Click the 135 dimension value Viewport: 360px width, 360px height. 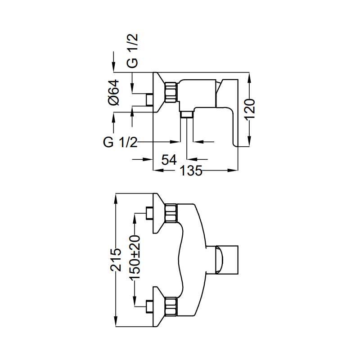coord(191,171)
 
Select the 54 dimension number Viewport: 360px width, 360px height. coord(168,160)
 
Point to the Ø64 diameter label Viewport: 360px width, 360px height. coord(114,92)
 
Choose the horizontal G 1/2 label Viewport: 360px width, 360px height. coord(120,142)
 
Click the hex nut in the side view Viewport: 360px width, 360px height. coord(171,92)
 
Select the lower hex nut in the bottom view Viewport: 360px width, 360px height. coord(171,306)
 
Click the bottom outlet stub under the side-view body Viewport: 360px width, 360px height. coord(186,116)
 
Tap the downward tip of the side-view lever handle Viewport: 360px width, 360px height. coord(236,143)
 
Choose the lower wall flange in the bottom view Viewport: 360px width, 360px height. coord(159,306)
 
